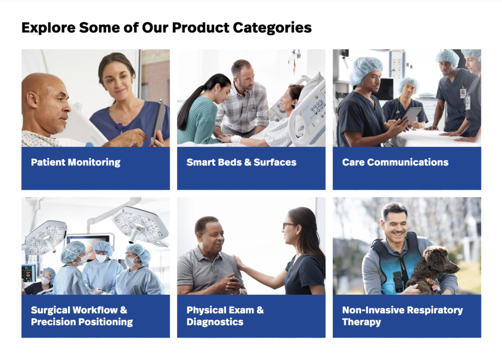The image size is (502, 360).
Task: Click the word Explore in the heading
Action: [49, 28]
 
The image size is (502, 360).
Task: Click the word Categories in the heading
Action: [272, 28]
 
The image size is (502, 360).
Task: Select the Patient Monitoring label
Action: [75, 162]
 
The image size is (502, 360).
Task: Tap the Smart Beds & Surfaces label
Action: [241, 162]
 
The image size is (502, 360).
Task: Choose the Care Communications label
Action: [395, 162]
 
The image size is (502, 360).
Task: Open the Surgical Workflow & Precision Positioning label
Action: [82, 316]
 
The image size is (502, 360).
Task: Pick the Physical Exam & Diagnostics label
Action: [225, 316]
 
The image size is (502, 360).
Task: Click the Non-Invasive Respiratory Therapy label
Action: [402, 316]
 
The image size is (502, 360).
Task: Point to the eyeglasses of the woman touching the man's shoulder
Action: [288, 226]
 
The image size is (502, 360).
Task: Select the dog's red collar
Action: [430, 282]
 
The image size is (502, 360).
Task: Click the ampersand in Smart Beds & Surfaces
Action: [248, 162]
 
